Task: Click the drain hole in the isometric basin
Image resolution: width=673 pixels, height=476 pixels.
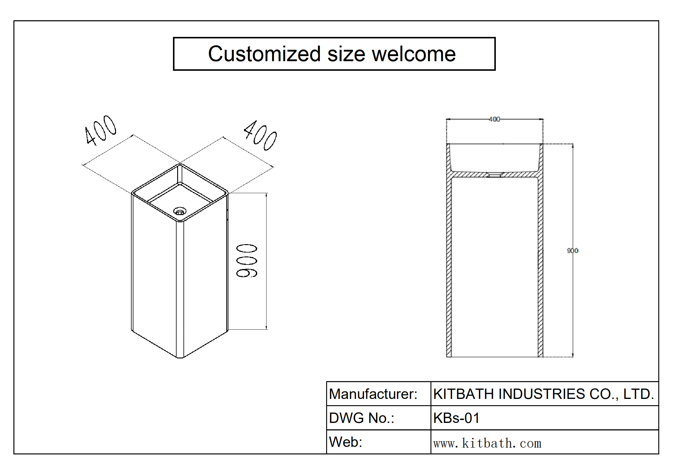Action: (180, 212)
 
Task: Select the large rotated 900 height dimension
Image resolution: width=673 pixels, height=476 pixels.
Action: (247, 261)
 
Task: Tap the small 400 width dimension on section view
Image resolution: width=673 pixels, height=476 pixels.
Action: (494, 119)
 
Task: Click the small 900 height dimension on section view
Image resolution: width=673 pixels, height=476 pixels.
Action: (572, 251)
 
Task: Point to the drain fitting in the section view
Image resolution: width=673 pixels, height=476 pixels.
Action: (494, 175)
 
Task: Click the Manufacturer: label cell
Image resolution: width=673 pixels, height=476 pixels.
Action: (373, 394)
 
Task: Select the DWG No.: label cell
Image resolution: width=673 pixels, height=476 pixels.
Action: (362, 418)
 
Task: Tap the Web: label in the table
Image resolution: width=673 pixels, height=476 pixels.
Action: (346, 442)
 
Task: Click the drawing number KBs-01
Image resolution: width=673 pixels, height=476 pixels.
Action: (456, 418)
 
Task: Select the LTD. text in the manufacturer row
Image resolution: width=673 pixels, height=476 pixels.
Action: (639, 394)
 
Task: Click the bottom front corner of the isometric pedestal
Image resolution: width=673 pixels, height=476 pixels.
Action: (180, 358)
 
